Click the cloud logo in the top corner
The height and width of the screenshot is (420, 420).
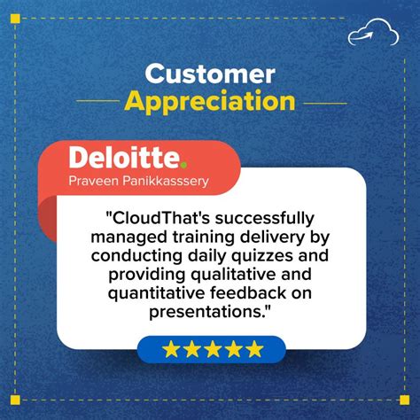point(368,33)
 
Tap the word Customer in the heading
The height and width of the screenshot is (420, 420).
point(210,73)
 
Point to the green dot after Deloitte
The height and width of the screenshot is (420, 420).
point(183,165)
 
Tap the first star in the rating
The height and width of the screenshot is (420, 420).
point(170,349)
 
